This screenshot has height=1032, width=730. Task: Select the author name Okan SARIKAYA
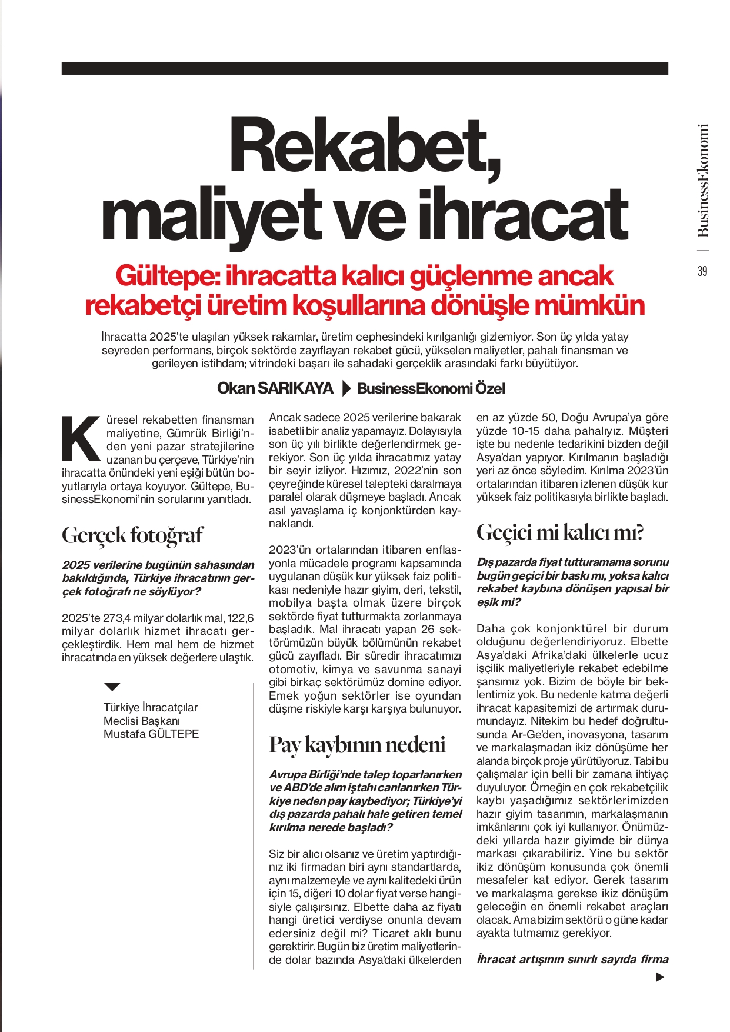tap(275, 388)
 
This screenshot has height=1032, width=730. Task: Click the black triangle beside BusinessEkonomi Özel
tap(346, 388)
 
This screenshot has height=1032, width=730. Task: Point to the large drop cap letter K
tap(81, 439)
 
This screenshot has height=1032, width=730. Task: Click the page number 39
tap(702, 271)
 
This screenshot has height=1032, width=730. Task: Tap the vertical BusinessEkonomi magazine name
tap(703, 180)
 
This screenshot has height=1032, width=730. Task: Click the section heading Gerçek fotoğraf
tap(132, 535)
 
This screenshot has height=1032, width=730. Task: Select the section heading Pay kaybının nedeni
tap(357, 744)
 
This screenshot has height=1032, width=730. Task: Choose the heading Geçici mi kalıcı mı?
tap(559, 532)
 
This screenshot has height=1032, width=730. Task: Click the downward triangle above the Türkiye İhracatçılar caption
tap(112, 687)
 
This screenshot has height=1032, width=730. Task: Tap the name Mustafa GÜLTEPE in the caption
tap(151, 734)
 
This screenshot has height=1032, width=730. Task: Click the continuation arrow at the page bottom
tap(660, 977)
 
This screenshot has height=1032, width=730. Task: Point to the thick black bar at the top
tap(365, 68)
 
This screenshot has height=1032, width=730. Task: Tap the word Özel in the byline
tap(490, 388)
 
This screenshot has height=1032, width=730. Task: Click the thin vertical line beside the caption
tap(254, 824)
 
